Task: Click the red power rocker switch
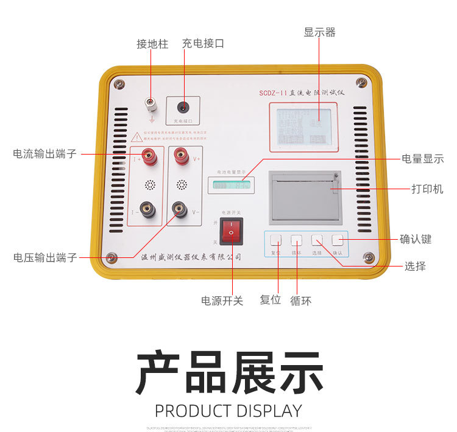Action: tap(232, 232)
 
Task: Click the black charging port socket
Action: tap(182, 108)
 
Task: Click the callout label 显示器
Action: tap(319, 32)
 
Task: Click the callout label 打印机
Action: tap(427, 189)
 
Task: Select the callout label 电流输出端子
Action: tap(45, 154)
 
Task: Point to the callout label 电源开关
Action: tap(222, 301)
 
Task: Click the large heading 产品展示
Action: tap(229, 374)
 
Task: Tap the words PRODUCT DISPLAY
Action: tap(228, 411)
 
